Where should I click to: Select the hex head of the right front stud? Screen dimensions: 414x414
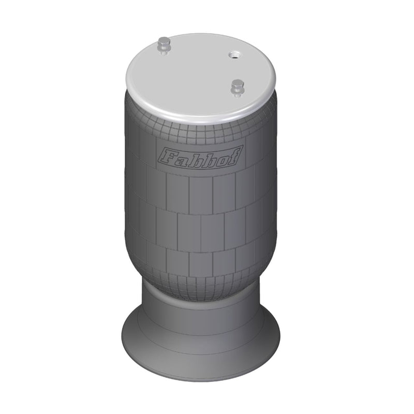[238, 84]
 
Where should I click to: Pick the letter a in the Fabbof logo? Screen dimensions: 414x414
[181, 157]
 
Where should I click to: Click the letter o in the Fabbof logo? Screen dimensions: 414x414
[221, 158]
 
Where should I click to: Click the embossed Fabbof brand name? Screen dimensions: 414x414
[200, 157]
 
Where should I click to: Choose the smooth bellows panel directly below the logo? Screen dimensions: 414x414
[200, 186]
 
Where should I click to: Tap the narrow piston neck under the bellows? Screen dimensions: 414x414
[202, 305]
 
